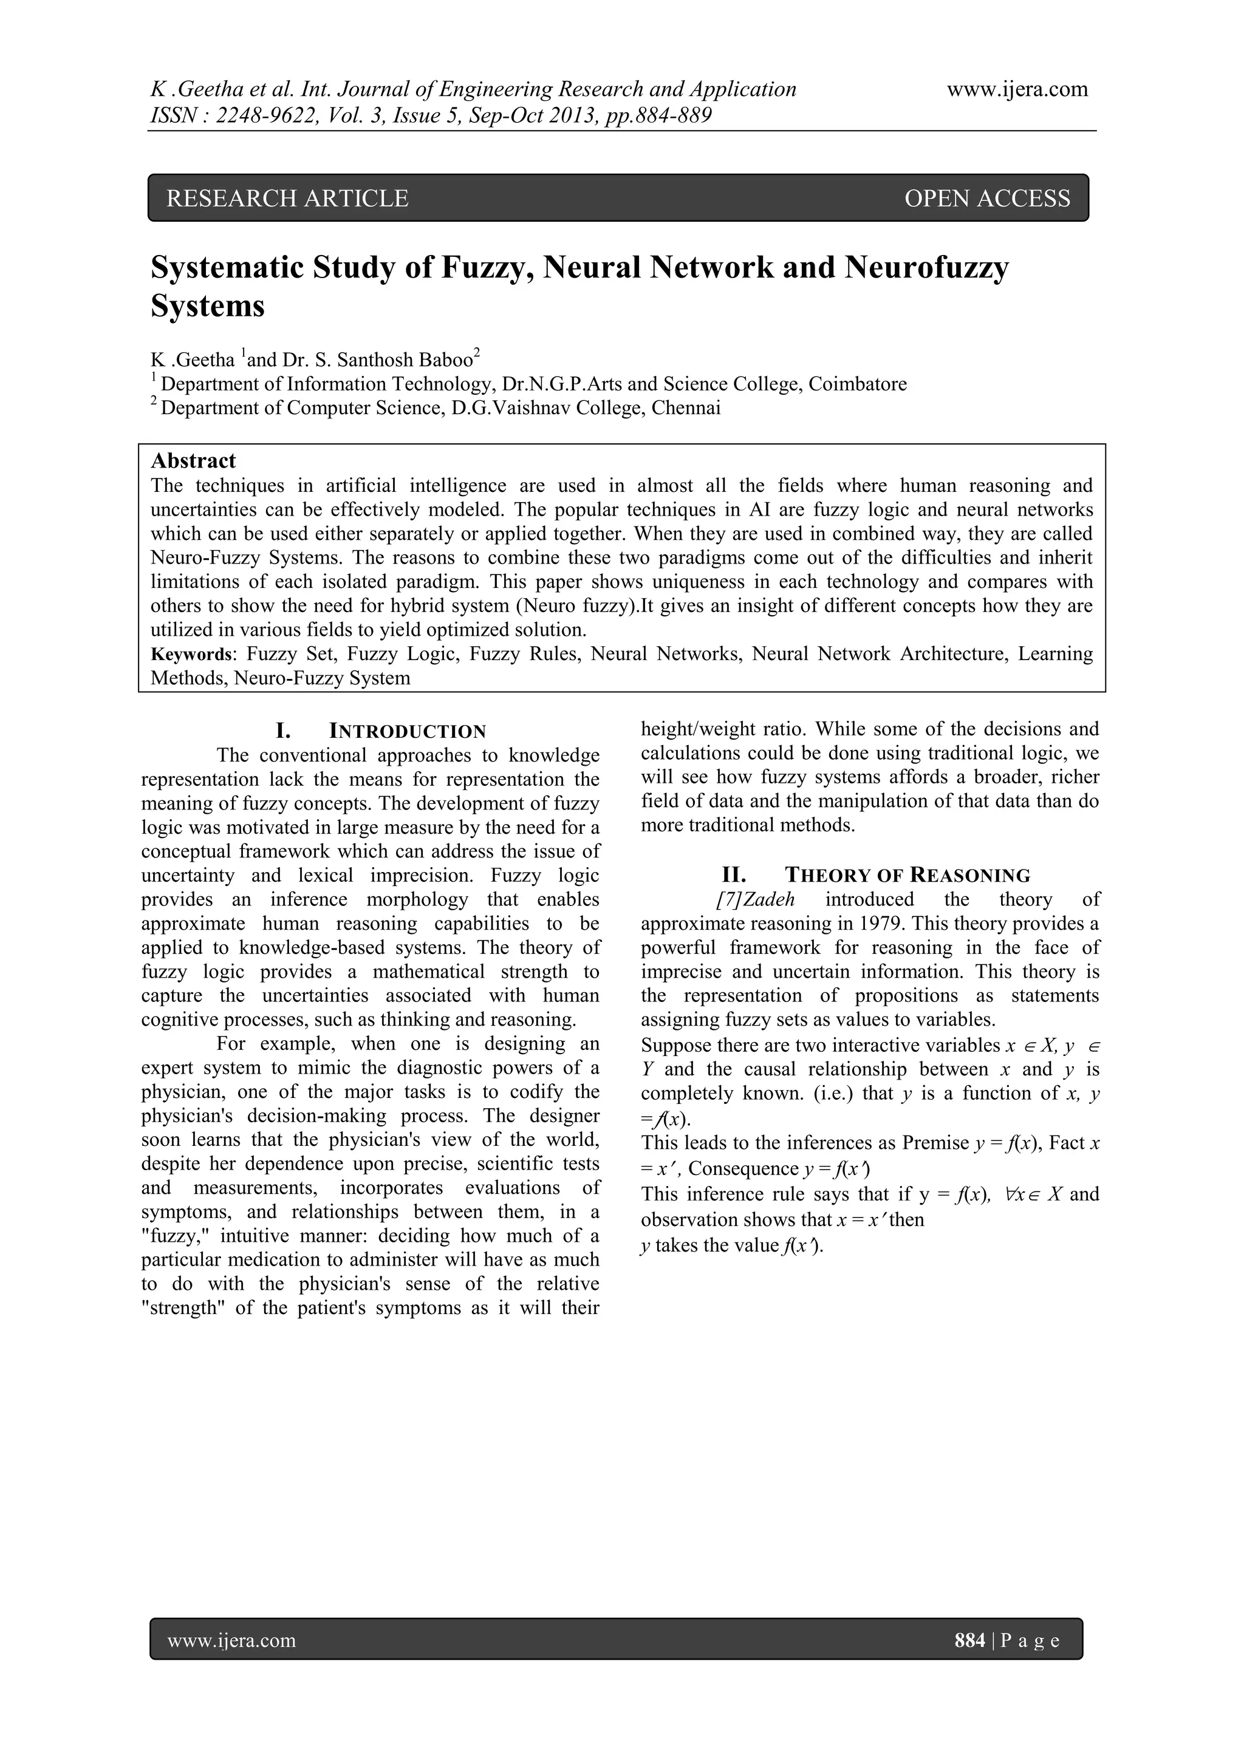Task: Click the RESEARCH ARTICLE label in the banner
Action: pyautogui.click(x=287, y=199)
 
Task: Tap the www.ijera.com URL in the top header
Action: pyautogui.click(x=1017, y=90)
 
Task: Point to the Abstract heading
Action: pyautogui.click(x=193, y=461)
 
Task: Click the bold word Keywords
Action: pyautogui.click(x=191, y=655)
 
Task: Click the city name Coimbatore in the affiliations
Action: pyautogui.click(x=863, y=384)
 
